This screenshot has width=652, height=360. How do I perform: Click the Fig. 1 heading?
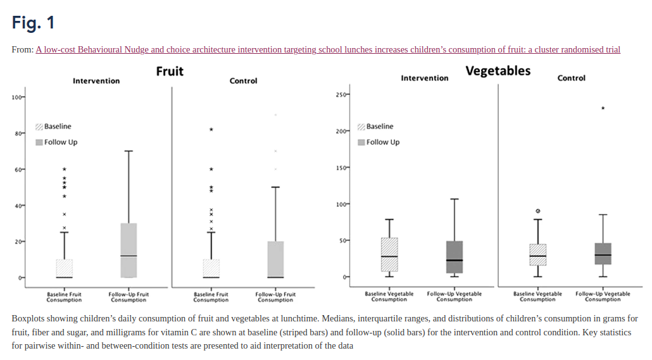pyautogui.click(x=33, y=23)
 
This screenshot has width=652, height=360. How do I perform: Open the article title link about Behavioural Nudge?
pyautogui.click(x=328, y=49)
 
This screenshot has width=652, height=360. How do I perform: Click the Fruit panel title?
pyautogui.click(x=170, y=71)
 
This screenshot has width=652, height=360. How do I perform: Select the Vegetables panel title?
pyautogui.click(x=498, y=71)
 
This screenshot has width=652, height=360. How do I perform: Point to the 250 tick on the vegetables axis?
pyautogui.click(x=342, y=95)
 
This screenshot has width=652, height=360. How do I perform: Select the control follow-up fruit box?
pyautogui.click(x=275, y=259)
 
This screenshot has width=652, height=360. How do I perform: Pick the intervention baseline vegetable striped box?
pyautogui.click(x=389, y=255)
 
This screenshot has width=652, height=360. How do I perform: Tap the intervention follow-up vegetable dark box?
pyautogui.click(x=455, y=257)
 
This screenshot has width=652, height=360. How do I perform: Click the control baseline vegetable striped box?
pyautogui.click(x=537, y=255)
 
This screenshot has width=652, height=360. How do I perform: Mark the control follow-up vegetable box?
pyautogui.click(x=603, y=254)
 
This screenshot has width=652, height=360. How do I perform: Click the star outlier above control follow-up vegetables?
pyautogui.click(x=603, y=108)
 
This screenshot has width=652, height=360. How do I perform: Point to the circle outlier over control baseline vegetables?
pyautogui.click(x=537, y=211)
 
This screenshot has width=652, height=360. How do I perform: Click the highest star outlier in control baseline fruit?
pyautogui.click(x=211, y=130)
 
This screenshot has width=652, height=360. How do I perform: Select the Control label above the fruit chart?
pyautogui.click(x=243, y=81)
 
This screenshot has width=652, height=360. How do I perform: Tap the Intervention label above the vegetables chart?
pyautogui.click(x=424, y=78)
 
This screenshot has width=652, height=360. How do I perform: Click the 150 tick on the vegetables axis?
pyautogui.click(x=342, y=168)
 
